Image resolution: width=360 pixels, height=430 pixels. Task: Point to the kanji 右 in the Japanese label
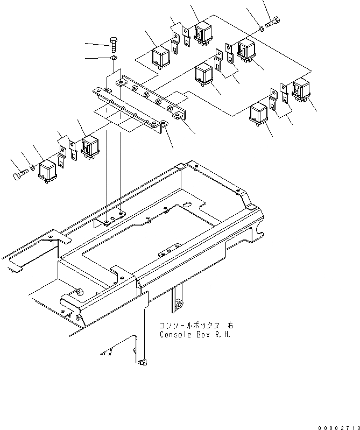coord(230,326)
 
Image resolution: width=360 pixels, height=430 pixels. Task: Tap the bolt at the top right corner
coord(273,22)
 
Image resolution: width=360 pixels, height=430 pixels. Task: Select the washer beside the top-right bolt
coord(260,26)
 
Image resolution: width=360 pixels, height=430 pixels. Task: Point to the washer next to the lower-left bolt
coord(32,168)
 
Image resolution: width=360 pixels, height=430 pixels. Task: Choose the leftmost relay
coord(50,171)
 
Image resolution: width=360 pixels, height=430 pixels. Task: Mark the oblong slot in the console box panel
coord(186,205)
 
